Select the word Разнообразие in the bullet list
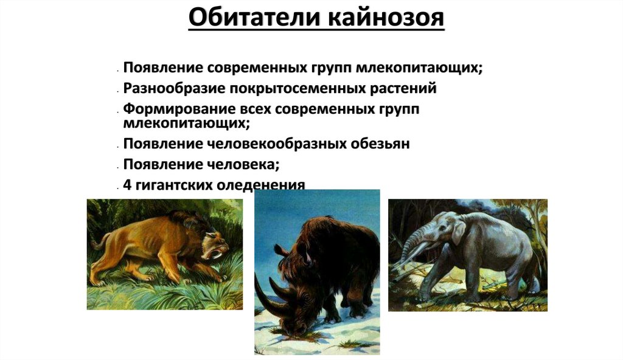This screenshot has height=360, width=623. tap(173, 88)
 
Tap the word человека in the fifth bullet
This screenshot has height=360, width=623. tap(244, 164)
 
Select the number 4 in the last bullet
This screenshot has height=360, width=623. tap(127, 184)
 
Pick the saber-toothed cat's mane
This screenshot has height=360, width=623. tap(183, 225)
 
